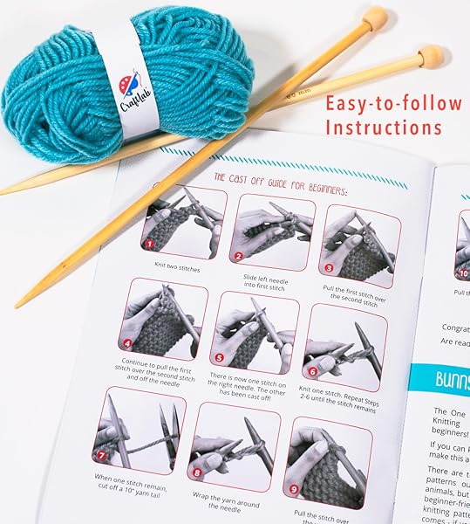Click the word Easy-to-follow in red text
393,103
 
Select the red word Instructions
384,128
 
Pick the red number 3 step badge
329,269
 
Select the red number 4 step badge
128,343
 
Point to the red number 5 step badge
218,356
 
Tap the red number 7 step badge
101,454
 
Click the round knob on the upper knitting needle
376,18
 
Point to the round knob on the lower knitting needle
431,58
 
